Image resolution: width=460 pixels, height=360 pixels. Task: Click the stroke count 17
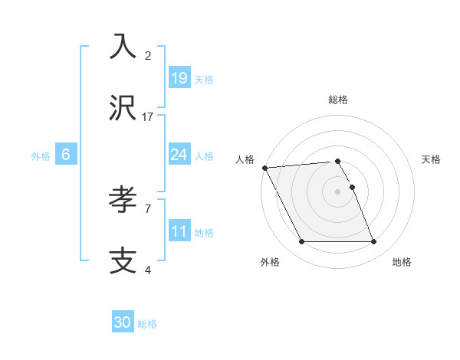coord(148,117)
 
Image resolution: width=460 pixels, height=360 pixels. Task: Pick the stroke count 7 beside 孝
coord(148,208)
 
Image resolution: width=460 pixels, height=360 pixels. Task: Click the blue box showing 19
coord(179,78)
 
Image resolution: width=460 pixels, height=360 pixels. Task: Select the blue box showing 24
coord(179,155)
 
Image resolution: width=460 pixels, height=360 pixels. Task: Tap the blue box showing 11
coord(179,231)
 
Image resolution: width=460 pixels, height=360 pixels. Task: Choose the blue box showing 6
coord(66,155)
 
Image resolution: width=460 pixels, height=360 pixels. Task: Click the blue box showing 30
coord(123,322)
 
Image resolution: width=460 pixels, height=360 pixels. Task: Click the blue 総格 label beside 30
coord(147,324)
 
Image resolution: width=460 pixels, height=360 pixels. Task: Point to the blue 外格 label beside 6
coord(41,156)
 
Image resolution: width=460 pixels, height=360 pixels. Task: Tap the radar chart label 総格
coord(338,100)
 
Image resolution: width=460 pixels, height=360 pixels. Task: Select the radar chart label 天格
coord(432,159)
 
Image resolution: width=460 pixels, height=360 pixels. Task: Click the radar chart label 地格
coord(402,262)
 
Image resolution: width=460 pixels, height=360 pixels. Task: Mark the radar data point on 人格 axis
coord(264,168)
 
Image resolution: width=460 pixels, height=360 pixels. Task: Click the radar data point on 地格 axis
coord(373,242)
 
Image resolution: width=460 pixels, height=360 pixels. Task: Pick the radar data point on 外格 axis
coord(301,242)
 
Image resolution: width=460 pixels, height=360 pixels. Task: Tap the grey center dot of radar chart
coord(338,191)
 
